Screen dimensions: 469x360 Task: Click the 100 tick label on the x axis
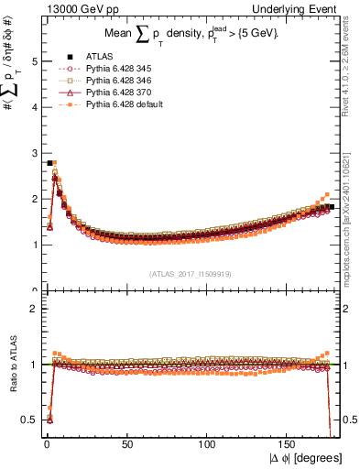[x=208, y=442]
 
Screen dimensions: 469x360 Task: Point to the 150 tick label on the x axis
[x=289, y=442]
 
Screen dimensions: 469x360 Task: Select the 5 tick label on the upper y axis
[x=34, y=61]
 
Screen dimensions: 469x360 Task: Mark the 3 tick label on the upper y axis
[x=34, y=153]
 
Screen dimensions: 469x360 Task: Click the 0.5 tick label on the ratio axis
[x=30, y=420]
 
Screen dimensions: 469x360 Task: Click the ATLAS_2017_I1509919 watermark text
[x=189, y=273]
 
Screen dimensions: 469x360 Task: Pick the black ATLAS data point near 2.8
[x=49, y=163]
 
